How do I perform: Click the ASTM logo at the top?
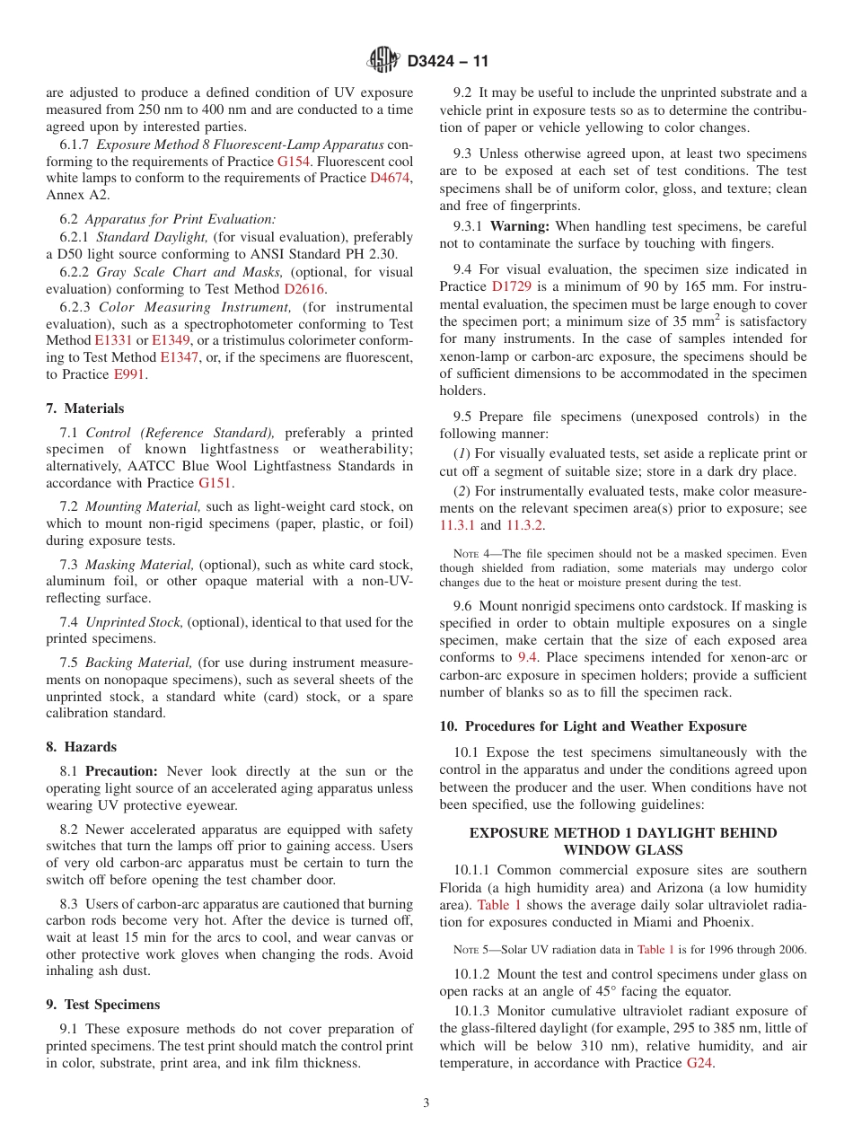tap(383, 61)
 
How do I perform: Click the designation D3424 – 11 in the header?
tap(448, 62)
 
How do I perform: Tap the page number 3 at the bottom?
tap(426, 1103)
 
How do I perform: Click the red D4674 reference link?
tap(391, 179)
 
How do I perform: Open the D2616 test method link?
tap(305, 289)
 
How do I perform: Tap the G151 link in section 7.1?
tap(215, 483)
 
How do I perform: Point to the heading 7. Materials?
tap(85, 408)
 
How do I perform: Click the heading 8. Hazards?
tap(82, 747)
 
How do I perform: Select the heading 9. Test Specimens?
tap(103, 1005)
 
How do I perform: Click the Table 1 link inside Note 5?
tap(655, 949)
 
